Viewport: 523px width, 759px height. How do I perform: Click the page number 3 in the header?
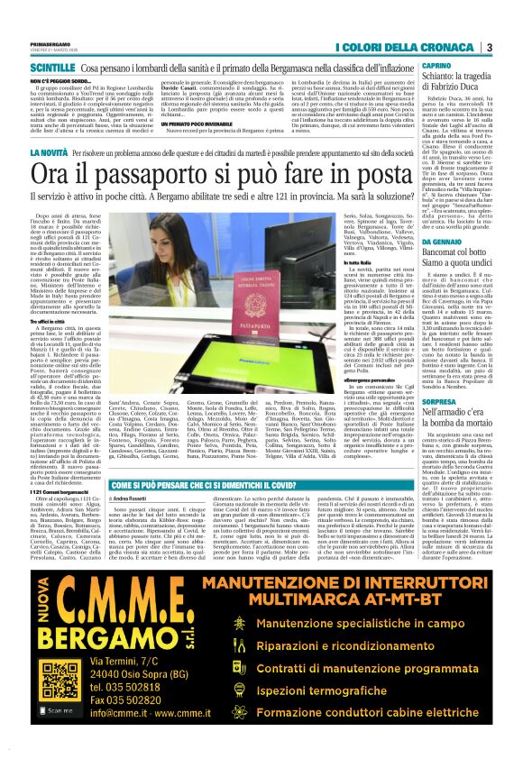point(488,47)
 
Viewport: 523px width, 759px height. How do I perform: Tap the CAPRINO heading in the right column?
point(436,67)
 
